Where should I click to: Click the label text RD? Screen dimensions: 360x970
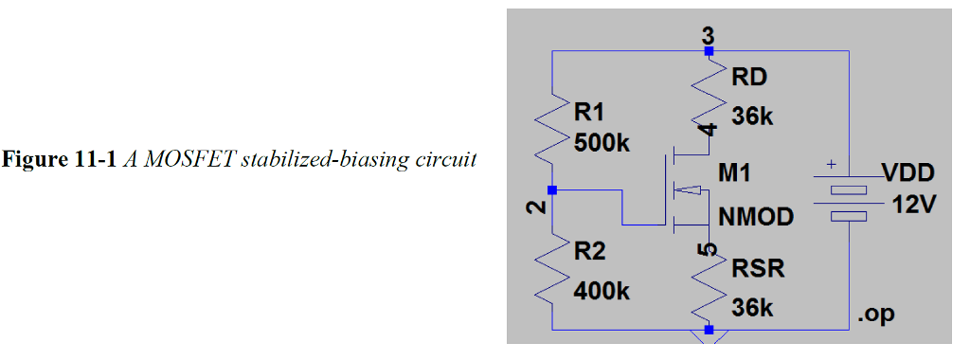coord(747,77)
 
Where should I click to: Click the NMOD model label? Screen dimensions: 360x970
coord(755,217)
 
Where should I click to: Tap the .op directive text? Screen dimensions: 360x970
coord(874,315)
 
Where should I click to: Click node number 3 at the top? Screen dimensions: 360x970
coord(708,36)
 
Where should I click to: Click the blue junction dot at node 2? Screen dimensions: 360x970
coord(552,190)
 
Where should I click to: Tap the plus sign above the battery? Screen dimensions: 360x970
coord(832,165)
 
